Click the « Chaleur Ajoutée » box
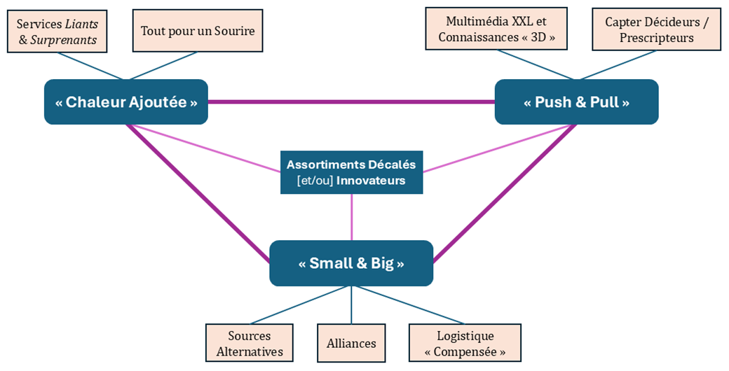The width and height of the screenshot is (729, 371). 126,102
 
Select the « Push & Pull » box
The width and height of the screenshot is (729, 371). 576,102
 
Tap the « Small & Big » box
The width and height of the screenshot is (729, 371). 351,263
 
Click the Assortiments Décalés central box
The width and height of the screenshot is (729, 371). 351,172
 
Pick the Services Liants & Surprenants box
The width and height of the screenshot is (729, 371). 57,32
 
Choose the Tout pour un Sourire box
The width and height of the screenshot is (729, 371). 198,31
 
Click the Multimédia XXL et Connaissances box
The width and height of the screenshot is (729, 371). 496,29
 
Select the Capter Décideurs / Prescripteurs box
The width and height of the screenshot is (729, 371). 656,29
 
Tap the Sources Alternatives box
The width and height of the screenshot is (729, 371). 250,343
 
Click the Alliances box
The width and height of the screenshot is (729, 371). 351,343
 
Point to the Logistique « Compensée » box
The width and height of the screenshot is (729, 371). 465,343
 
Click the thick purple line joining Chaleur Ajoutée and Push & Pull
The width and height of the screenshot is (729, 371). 350,102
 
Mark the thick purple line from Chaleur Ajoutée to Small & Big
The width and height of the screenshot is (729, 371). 198,193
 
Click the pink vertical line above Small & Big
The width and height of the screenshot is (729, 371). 351,217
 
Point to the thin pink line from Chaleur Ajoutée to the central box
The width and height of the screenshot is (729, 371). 207,149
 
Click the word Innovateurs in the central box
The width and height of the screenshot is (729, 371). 371,181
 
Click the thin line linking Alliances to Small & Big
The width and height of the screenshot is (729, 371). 351,304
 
